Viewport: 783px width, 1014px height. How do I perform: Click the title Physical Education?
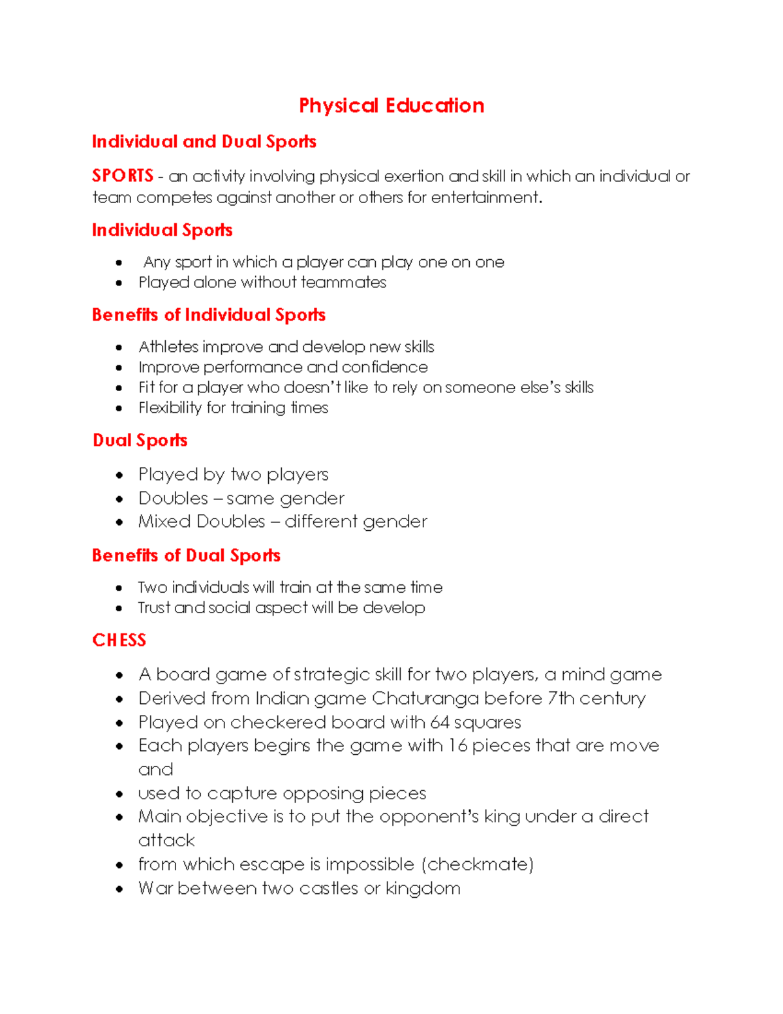391,106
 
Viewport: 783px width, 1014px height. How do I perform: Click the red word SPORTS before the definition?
123,176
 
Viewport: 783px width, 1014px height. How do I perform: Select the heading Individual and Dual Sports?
204,142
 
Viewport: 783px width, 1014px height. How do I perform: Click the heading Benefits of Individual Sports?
208,315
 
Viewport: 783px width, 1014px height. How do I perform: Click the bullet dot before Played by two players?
119,475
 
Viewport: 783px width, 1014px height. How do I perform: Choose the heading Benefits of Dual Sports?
186,555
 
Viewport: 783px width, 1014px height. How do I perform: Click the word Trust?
154,607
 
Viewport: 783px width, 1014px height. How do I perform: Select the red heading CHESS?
119,640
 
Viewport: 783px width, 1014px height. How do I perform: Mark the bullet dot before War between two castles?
119,889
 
